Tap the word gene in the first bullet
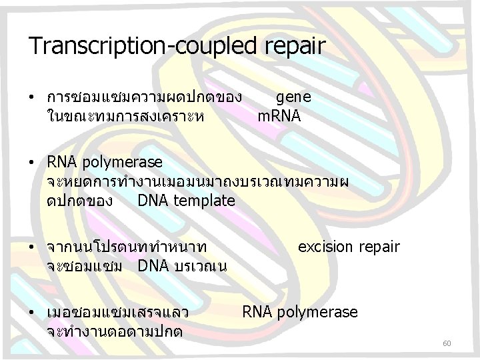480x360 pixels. point(293,97)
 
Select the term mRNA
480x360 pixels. point(279,116)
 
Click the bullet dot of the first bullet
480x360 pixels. point(32,97)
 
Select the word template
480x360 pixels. point(203,200)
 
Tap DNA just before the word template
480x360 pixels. point(151,200)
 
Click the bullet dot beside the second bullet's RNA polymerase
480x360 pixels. point(32,163)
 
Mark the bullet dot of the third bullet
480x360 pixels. point(32,247)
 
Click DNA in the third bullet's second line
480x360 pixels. point(153,265)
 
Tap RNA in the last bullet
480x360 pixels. point(256,312)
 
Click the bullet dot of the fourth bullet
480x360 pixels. point(32,312)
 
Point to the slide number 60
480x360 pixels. point(447,343)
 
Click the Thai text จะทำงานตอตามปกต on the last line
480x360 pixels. point(115,331)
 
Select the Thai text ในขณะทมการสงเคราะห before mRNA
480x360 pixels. point(126,116)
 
